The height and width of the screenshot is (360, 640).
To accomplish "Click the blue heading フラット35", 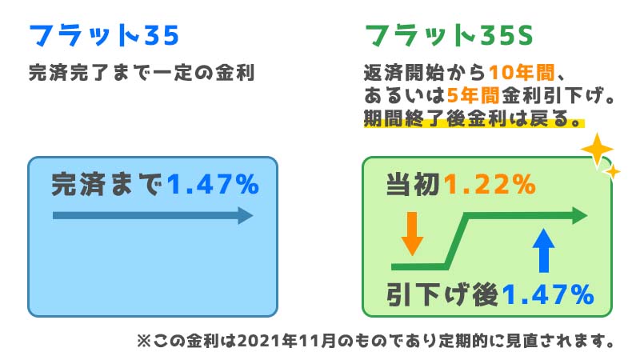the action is coord(104,35).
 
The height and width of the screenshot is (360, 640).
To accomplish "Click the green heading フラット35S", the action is coord(449,35).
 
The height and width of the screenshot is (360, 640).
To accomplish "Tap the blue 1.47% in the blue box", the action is coord(213,184).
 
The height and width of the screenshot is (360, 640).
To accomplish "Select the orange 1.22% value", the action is coord(490,184).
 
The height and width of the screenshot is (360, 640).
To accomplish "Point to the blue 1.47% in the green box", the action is coord(548,294).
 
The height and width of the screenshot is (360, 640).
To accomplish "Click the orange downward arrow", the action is coord(412,234).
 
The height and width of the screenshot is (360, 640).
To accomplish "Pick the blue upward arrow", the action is coord(544,250).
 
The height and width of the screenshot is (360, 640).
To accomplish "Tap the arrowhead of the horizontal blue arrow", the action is coord(246,215).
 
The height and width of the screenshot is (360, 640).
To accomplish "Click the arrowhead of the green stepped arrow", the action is coord(579,215).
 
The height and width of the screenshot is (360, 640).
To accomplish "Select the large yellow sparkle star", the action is coord(597,150).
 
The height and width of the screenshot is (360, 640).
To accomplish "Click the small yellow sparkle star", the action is coord(612,172).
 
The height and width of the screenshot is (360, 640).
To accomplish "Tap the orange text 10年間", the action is coord(522,73).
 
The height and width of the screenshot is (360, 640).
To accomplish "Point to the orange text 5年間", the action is coord(473,96).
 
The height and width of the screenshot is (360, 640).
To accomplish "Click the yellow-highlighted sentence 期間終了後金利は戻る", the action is coord(474,118).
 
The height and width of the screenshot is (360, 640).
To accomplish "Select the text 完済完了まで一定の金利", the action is coord(142,73).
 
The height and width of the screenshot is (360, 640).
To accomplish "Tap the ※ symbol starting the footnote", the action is coord(144,341).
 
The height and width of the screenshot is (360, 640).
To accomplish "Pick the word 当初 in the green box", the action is coord(413,184).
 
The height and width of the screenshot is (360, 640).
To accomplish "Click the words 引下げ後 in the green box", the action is coord(442,294).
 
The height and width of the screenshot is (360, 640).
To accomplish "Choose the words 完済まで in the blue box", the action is coord(107,184).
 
